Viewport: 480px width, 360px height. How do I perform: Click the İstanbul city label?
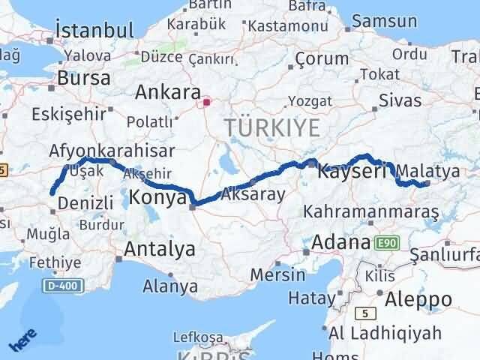94,31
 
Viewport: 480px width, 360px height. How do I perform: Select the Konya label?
157,197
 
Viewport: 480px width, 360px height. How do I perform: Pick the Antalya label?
160,248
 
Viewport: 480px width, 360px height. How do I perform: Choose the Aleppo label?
420,300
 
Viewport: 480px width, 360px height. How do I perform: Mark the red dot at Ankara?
207,97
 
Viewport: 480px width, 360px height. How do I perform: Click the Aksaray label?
253,195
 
